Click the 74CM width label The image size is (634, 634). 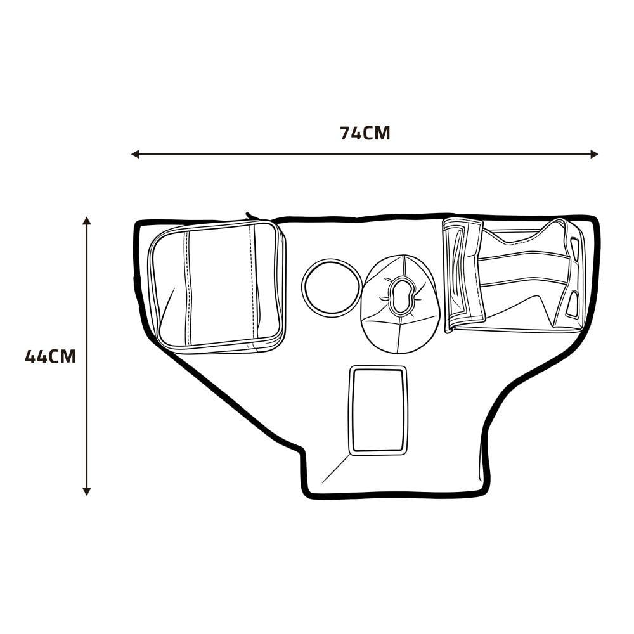365,133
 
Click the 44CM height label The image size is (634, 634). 51,356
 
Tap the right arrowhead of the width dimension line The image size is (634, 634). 594,154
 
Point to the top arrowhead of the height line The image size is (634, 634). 86,221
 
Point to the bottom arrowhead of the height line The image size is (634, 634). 86,491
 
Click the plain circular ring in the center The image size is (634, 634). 332,260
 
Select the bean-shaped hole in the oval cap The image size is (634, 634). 401,295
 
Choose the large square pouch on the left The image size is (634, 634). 217,287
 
